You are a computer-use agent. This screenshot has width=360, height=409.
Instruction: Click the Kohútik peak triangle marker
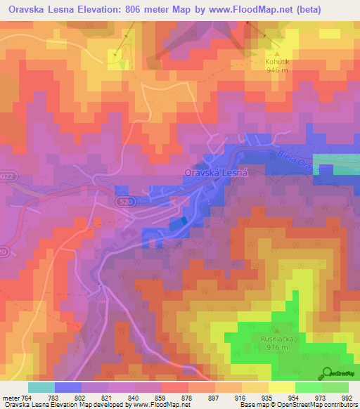(x=277, y=52)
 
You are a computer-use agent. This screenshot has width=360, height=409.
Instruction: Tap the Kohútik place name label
(x=277, y=61)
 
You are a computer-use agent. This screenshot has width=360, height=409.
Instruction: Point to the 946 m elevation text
(x=277, y=70)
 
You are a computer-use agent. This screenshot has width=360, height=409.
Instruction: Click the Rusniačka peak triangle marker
(x=276, y=330)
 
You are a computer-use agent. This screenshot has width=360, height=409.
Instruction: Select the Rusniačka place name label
(x=276, y=338)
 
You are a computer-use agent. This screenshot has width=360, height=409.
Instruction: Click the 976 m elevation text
(x=276, y=347)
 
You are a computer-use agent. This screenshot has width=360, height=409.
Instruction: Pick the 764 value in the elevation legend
(x=28, y=398)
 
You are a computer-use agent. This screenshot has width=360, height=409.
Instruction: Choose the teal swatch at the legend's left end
(x=41, y=387)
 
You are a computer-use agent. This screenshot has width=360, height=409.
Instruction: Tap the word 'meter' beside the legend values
(x=11, y=398)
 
